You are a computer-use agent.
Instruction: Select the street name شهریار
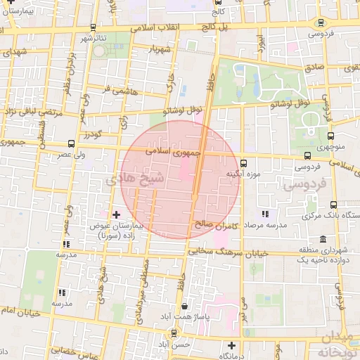point(161,50)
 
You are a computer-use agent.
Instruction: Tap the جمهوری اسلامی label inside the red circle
point(173,150)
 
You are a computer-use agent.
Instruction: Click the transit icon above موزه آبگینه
point(243,162)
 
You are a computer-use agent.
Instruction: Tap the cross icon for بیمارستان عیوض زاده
point(117,214)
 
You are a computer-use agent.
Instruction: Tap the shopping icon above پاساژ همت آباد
point(185,307)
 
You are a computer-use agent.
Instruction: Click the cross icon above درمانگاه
point(231,345)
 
